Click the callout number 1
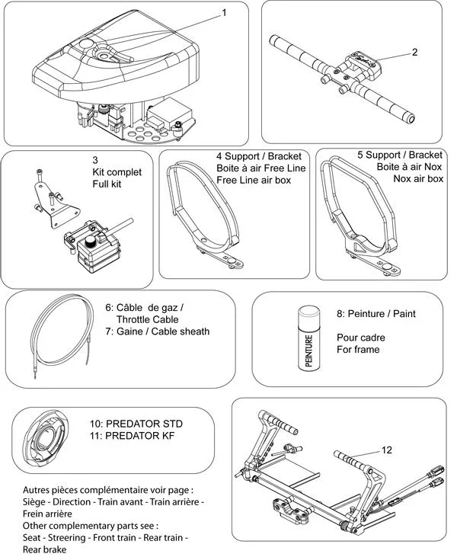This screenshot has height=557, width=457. click(x=224, y=12)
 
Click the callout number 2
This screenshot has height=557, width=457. click(x=414, y=53)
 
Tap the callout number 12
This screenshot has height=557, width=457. click(x=387, y=450)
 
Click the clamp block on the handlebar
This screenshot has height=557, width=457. click(x=363, y=64)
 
